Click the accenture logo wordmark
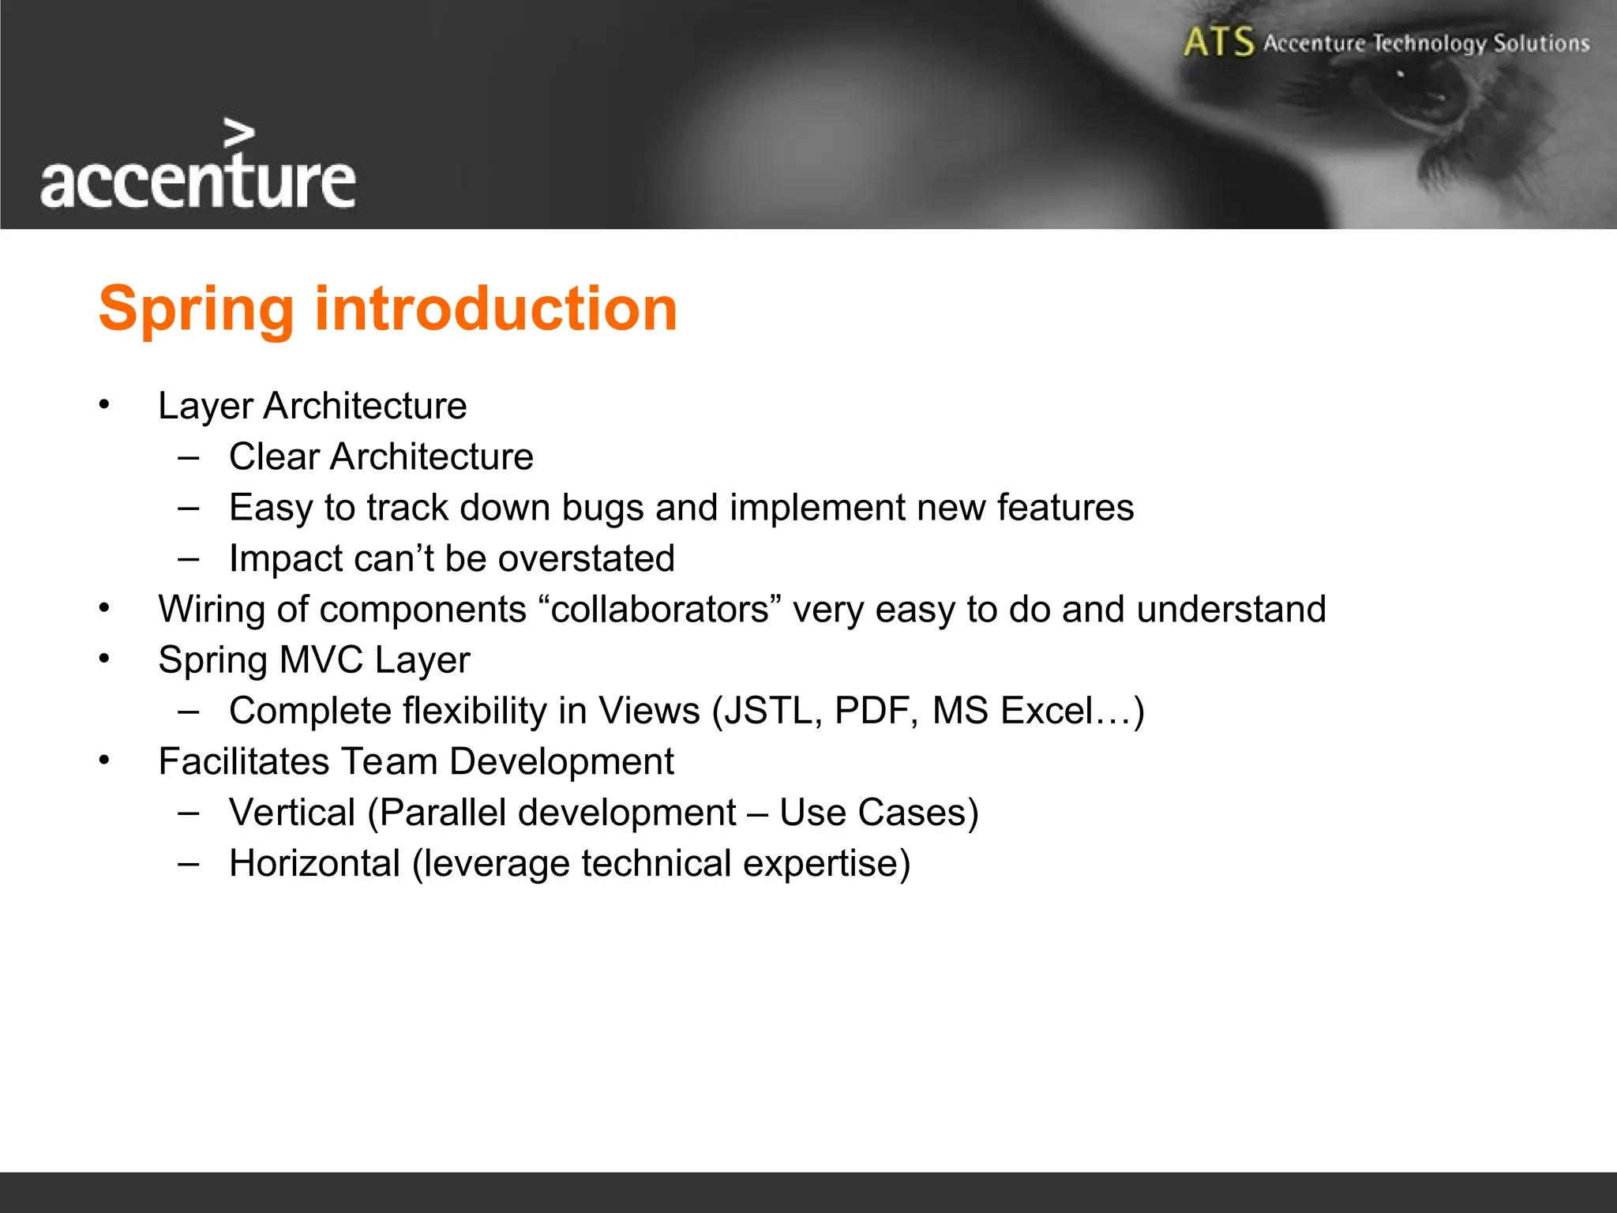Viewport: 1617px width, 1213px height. pos(197,182)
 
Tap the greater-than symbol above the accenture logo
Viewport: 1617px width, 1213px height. pos(238,133)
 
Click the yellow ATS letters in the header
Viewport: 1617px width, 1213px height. pos(1218,42)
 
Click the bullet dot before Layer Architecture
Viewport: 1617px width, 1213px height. pos(104,406)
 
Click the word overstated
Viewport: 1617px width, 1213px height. pos(587,558)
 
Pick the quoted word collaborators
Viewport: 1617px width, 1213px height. pos(660,610)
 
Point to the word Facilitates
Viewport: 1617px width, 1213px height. pos(243,762)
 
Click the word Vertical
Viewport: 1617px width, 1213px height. pos(292,813)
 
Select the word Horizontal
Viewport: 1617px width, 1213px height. pos(314,863)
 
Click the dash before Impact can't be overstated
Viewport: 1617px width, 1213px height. pos(188,558)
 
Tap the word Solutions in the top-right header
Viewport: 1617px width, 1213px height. pos(1540,43)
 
